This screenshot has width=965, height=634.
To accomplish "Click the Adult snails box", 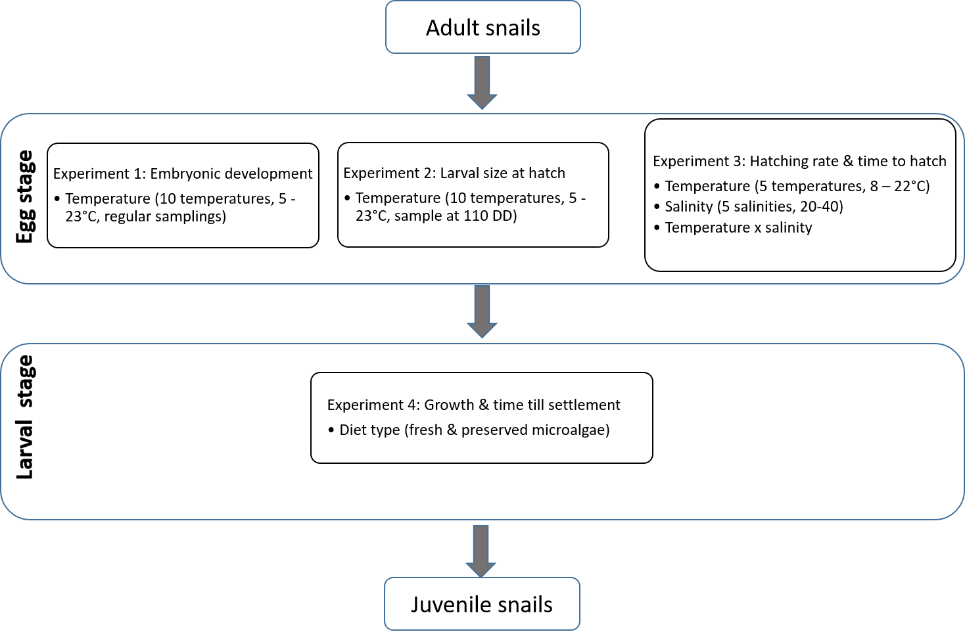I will point(482,28).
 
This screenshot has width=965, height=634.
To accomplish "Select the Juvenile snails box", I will point(482,604).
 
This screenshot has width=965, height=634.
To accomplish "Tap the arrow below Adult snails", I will point(482,83).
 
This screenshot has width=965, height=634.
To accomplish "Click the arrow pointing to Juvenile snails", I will point(481,551).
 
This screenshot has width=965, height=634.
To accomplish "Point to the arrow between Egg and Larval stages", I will point(482,311).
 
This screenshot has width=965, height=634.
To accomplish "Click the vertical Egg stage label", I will point(25,197).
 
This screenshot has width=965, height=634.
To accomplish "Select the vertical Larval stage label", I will point(25,417).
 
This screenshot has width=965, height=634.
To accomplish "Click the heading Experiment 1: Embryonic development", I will point(183,173).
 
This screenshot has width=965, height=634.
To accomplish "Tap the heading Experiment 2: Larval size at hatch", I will point(454,173).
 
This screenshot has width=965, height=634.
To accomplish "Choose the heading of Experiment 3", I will point(799,161).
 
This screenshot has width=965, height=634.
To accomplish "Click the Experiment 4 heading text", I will point(473,405).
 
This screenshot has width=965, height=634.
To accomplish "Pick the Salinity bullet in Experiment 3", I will point(753,206).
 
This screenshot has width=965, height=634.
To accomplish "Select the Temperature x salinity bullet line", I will point(738,227).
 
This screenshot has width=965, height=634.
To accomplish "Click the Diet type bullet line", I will point(474,430).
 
